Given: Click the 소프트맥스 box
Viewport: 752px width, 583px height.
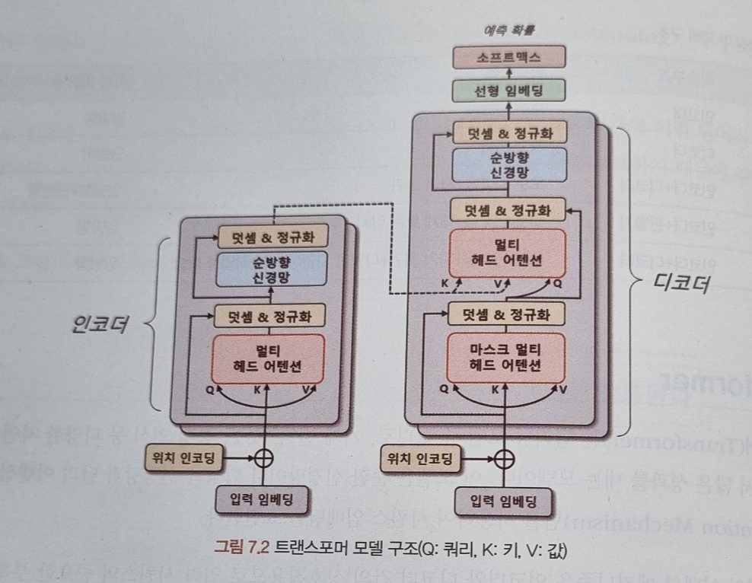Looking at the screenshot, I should click(508, 57).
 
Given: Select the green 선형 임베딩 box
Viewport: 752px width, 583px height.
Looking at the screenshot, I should click(508, 91).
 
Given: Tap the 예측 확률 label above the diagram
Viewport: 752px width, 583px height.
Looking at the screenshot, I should click(509, 32).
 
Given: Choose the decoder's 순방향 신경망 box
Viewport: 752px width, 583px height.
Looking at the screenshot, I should click(508, 164).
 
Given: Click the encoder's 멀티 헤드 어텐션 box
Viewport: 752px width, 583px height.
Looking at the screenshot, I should click(267, 358).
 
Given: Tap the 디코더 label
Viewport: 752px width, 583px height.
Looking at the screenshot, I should click(680, 284).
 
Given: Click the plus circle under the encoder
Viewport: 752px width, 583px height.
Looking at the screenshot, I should click(263, 458).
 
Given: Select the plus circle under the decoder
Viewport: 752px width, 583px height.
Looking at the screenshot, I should click(502, 458).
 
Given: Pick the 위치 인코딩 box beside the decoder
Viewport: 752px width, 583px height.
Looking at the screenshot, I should click(419, 458).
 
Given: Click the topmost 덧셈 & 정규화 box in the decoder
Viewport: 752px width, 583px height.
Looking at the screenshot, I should click(508, 132).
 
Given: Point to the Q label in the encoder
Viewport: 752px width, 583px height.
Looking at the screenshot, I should click(211, 387).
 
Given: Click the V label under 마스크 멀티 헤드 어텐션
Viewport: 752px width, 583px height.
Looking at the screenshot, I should click(563, 389).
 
